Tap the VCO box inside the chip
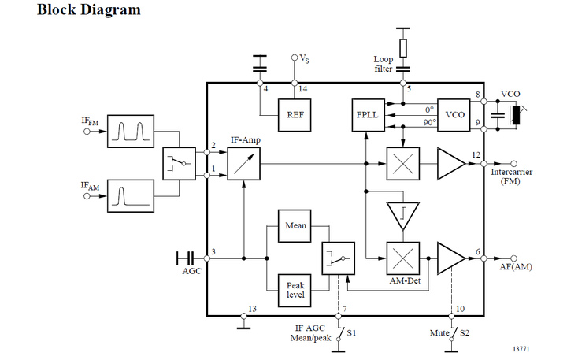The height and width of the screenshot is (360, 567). click(x=455, y=115)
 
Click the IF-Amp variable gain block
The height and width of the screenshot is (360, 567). click(x=244, y=165)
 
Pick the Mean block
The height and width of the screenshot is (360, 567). click(x=295, y=225)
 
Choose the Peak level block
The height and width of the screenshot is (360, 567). click(x=295, y=289)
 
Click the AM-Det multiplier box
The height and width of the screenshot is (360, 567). click(x=402, y=258)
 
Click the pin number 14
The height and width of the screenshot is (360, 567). click(x=303, y=88)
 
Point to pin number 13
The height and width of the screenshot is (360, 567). click(x=252, y=308)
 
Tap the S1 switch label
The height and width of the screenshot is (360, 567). click(x=352, y=334)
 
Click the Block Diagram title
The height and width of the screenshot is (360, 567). click(x=89, y=10)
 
